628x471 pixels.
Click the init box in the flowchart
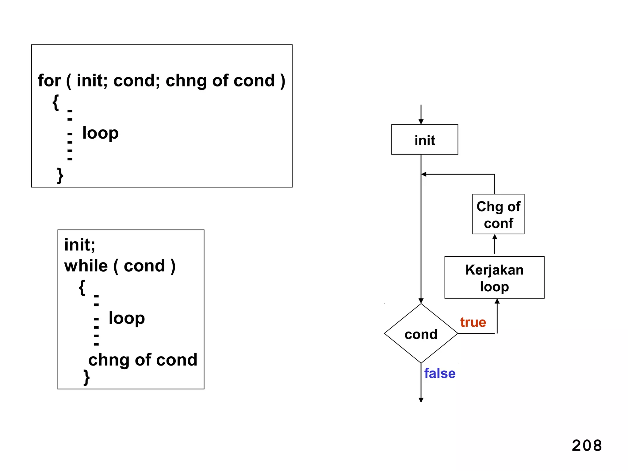(424, 140)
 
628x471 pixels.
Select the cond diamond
(421, 334)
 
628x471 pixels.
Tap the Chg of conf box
(498, 214)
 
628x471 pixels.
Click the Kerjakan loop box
(494, 278)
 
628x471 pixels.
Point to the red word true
(473, 322)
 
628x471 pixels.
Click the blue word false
(439, 373)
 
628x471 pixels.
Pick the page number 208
(587, 445)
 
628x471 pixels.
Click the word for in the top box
(49, 81)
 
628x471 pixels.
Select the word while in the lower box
(86, 266)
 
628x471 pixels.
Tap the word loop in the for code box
(100, 133)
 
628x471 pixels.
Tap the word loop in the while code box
(127, 318)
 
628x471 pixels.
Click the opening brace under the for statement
(56, 102)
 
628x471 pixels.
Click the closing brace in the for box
(60, 175)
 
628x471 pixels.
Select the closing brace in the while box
(86, 377)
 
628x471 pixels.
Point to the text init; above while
(79, 245)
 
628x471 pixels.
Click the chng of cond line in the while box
(143, 360)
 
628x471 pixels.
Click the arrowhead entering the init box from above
(421, 122)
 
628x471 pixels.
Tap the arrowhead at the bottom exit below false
(421, 400)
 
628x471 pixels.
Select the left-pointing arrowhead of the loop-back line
(424, 174)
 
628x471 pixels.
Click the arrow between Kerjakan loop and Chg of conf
(494, 244)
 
